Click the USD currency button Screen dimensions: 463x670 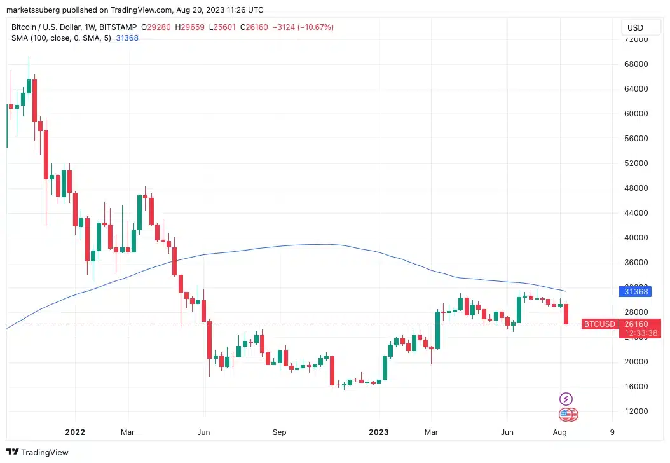(x=635, y=27)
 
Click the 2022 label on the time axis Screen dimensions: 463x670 (x=75, y=432)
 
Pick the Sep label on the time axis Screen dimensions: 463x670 (x=280, y=432)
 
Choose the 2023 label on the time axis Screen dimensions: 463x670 (x=379, y=432)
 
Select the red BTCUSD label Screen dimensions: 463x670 (x=599, y=324)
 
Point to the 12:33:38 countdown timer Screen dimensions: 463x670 (x=640, y=333)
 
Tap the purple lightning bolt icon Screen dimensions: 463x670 (x=565, y=399)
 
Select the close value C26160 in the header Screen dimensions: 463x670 (x=255, y=27)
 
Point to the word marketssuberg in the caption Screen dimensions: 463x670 (x=34, y=10)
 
